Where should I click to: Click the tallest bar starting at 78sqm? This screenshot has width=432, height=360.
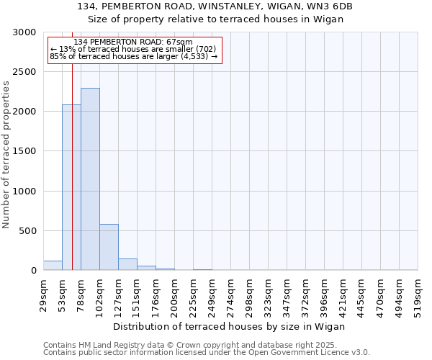tap(90, 180)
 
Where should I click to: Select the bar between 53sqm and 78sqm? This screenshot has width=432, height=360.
tap(66, 187)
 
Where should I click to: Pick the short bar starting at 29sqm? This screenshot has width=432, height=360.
tap(53, 266)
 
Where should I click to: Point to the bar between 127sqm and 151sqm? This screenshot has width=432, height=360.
tap(127, 264)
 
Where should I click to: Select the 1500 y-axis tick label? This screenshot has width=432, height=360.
tap(27, 152)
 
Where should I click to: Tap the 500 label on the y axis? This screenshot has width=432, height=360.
tap(30, 231)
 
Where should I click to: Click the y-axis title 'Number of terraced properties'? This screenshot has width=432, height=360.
tap(6, 155)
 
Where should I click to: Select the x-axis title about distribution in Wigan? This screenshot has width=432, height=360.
tap(230, 326)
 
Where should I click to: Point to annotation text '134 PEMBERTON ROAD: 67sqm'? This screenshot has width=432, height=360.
tap(133, 42)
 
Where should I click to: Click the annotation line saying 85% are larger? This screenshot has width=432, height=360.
tap(134, 56)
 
